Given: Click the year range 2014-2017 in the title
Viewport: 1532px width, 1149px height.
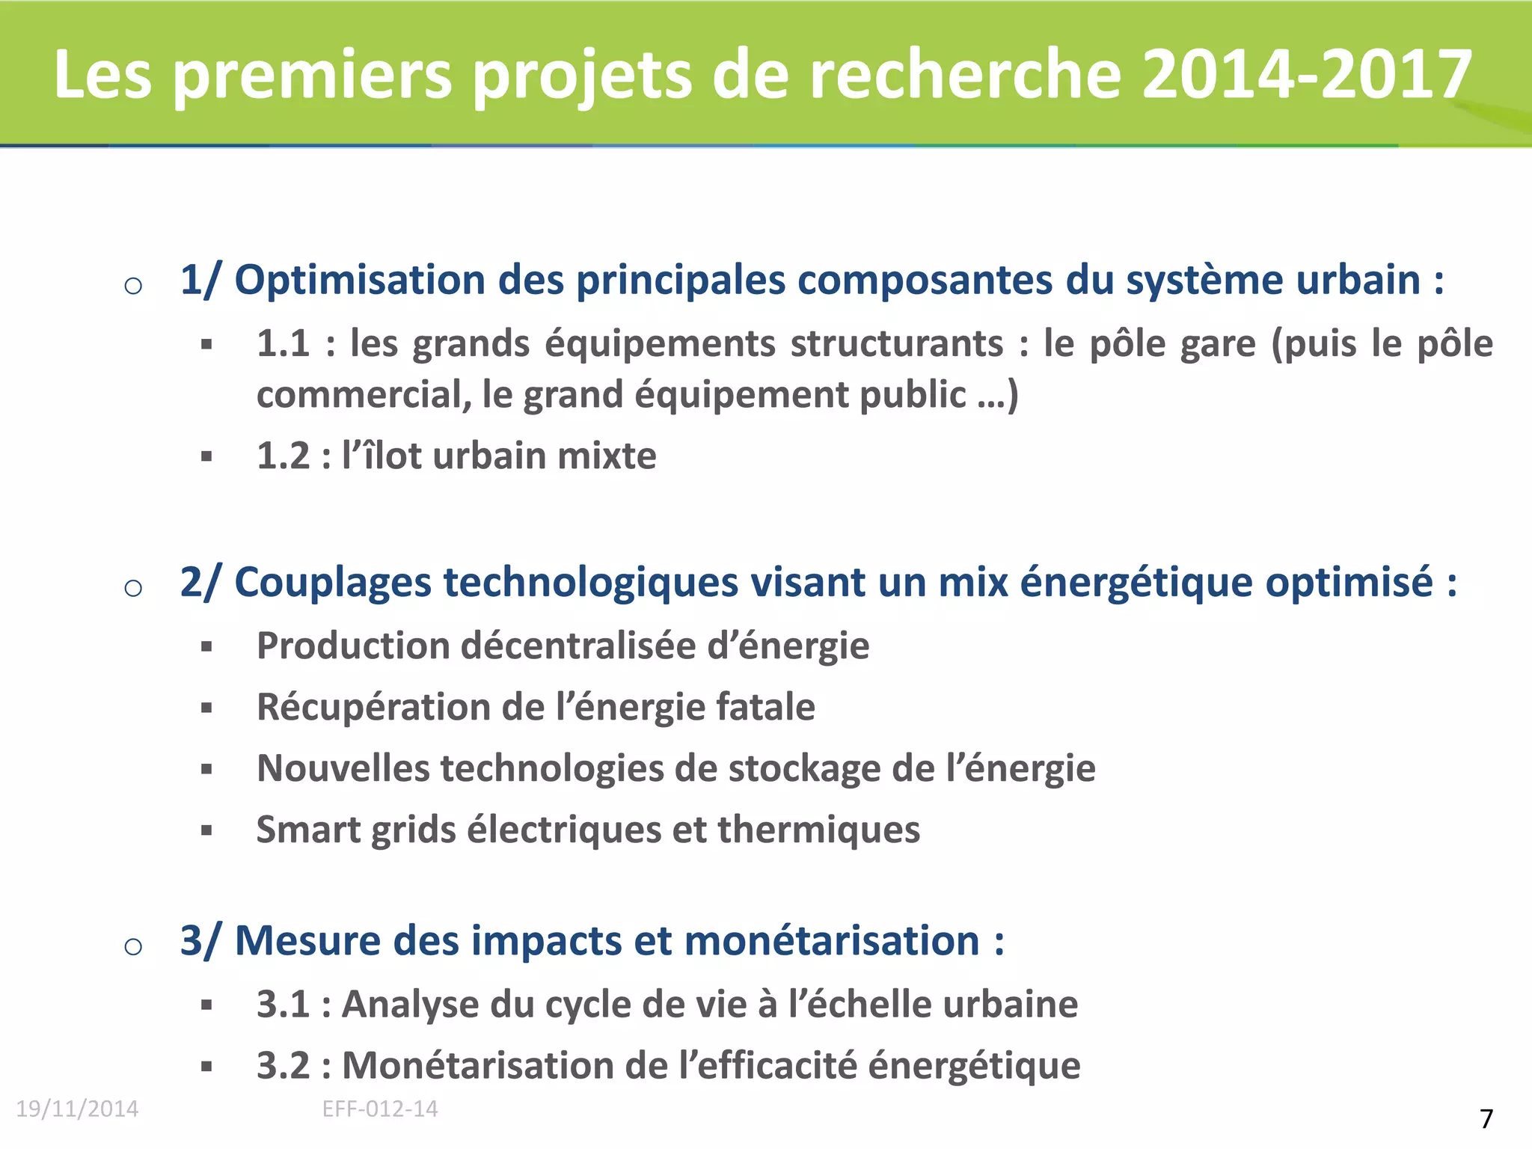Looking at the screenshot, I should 1307,73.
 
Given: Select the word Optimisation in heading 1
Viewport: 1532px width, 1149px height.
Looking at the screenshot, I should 360,281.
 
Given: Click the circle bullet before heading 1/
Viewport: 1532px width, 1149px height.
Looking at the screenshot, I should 133,286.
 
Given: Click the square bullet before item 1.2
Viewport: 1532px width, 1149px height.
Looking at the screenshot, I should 207,456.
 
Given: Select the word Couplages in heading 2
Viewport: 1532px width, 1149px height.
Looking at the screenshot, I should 333,583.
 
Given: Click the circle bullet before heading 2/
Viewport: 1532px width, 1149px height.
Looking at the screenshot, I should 133,588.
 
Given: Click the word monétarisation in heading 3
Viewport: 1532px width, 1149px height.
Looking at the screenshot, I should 831,941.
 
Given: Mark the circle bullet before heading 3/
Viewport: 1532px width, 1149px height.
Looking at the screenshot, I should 133,946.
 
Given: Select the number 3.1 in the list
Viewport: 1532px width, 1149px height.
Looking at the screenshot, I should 283,1005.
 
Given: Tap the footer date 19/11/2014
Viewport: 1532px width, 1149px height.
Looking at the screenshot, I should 77,1109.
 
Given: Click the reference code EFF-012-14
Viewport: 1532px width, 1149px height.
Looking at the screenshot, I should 380,1109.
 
